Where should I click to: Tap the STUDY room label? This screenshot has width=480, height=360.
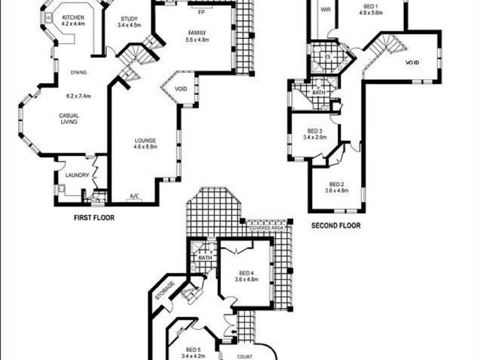tap(129, 19)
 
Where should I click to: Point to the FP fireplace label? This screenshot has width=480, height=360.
tap(200, 11)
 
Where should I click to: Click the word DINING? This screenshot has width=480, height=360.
tap(79, 73)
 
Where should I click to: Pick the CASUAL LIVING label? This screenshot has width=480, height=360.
tap(68, 119)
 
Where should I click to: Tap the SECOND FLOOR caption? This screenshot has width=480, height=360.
tap(335, 226)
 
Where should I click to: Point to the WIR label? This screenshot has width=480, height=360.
tap(326, 10)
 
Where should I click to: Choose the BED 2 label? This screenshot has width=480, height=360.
tap(337, 184)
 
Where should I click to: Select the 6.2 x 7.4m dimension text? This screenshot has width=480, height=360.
tap(78, 95)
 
